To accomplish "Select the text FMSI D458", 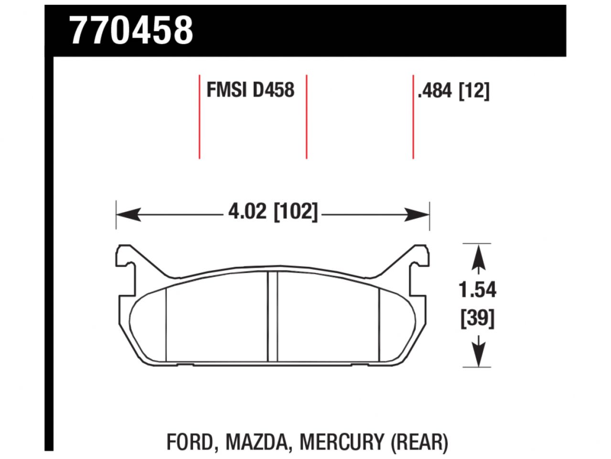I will [x=250, y=90].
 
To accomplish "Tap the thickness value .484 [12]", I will [x=453, y=90].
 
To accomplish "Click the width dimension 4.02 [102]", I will [x=272, y=211].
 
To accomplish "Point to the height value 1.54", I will [x=478, y=290].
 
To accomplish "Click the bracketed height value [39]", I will [x=478, y=318].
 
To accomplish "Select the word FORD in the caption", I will [x=190, y=442].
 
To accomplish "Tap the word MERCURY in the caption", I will [x=342, y=442].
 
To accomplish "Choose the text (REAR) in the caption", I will [x=419, y=442].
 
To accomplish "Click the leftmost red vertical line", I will [x=199, y=116].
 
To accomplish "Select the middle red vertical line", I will [x=306, y=116].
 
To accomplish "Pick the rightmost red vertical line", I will [x=413, y=116].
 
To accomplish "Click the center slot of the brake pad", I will [x=272, y=317].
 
